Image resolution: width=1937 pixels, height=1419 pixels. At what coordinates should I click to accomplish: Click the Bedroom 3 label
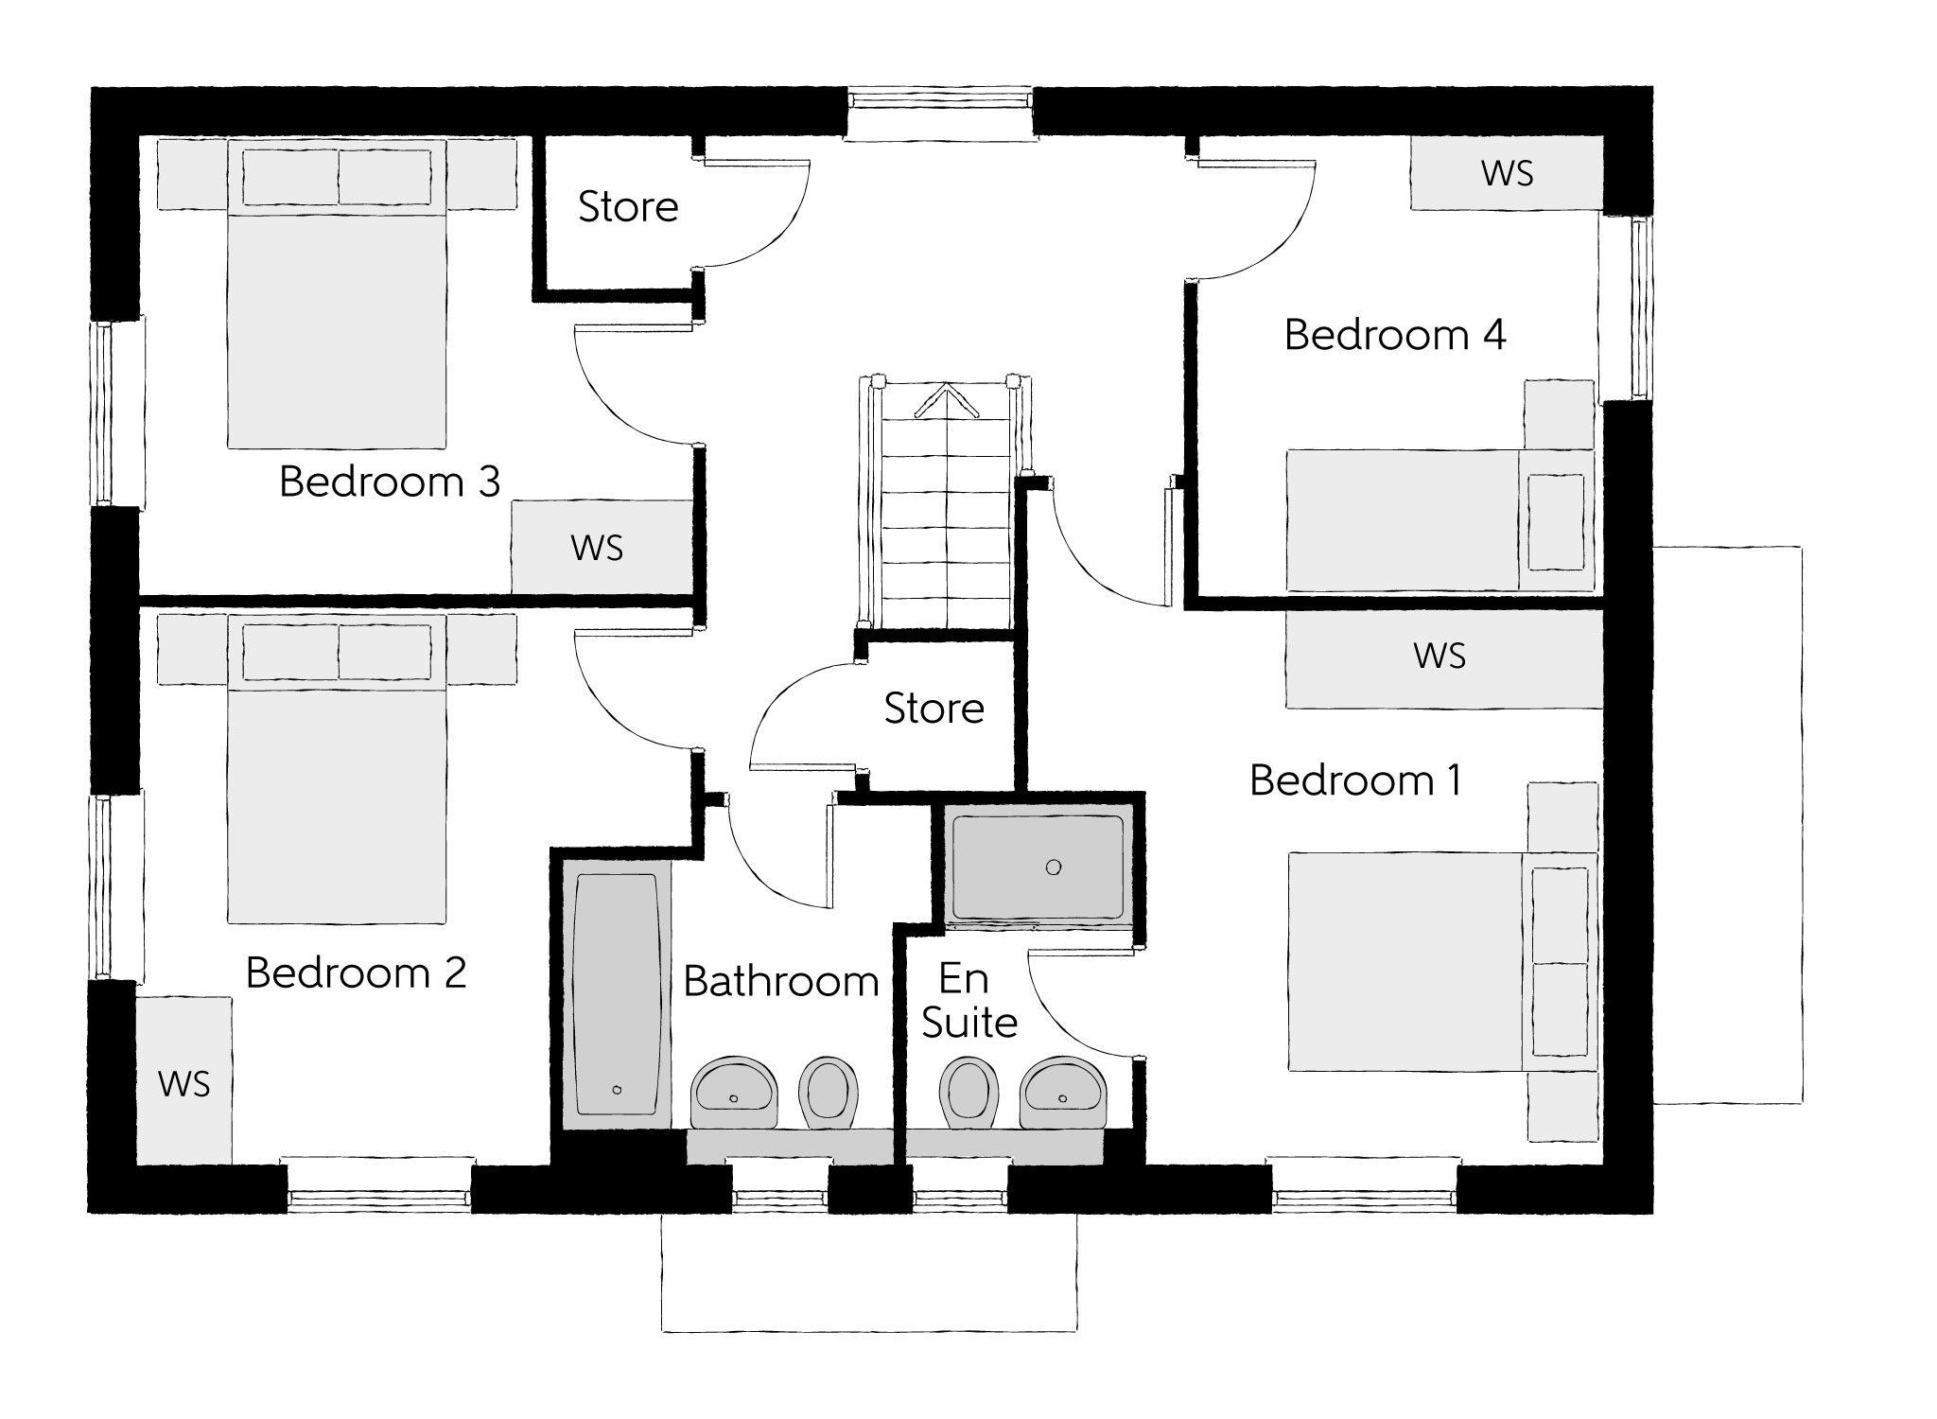(389, 482)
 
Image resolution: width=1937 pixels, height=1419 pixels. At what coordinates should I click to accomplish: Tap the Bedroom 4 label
(1394, 336)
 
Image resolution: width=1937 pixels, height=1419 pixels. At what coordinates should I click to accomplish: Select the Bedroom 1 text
(1355, 781)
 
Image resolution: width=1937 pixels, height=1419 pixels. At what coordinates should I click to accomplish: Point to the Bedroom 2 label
(356, 973)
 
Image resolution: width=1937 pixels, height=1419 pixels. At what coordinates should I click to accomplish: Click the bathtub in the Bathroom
(616, 993)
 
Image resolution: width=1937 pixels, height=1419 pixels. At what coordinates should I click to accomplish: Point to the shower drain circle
(1054, 867)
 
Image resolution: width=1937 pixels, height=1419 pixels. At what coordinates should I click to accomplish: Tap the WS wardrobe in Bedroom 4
(1507, 173)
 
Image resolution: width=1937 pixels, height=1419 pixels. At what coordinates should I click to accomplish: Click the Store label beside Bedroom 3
(628, 207)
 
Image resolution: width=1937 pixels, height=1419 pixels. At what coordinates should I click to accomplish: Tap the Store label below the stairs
(934, 709)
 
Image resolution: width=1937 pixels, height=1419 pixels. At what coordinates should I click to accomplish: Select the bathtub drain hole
(617, 1090)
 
